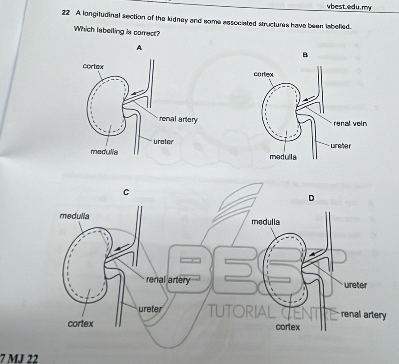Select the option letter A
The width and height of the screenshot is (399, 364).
click(x=139, y=47)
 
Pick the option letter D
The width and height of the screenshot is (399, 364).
click(x=311, y=198)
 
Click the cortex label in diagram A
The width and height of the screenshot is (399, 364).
click(x=93, y=67)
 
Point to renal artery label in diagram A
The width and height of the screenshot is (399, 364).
click(x=178, y=119)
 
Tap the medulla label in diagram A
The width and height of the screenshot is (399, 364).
click(x=104, y=152)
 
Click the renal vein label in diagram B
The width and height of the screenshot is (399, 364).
click(x=349, y=123)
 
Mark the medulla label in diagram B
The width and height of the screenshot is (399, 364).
click(x=283, y=157)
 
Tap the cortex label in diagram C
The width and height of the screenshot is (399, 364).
click(x=81, y=323)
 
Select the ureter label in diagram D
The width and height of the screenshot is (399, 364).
click(x=356, y=285)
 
